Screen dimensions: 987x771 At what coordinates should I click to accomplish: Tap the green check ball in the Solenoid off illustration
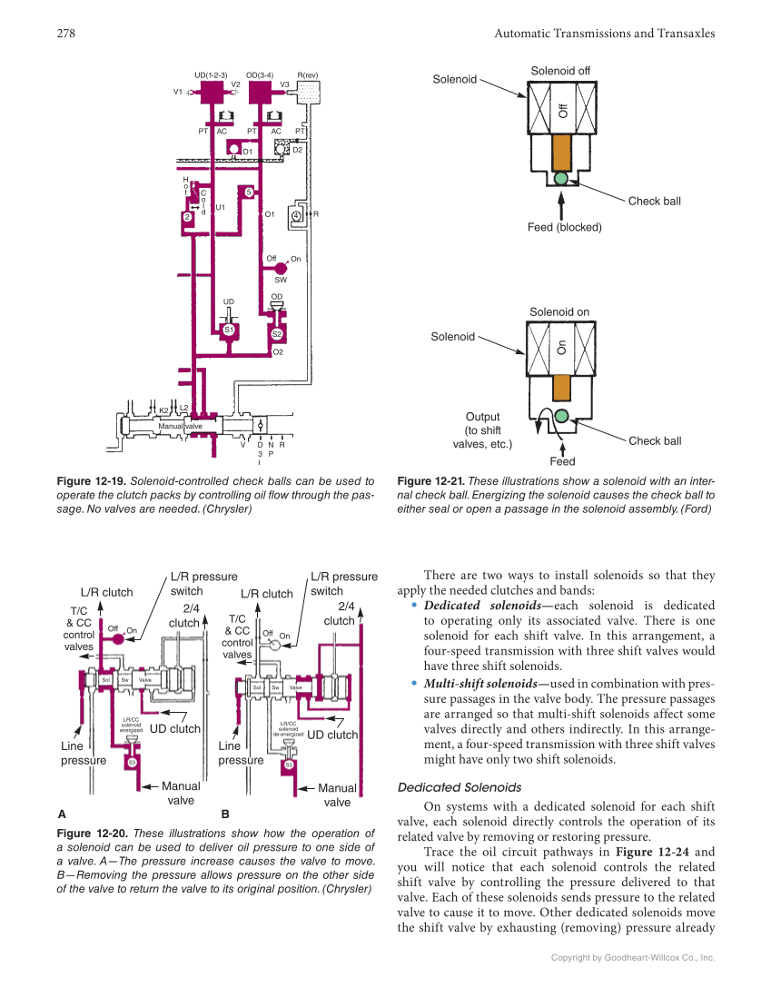point(560,177)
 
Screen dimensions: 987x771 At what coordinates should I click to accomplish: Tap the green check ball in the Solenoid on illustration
point(561,415)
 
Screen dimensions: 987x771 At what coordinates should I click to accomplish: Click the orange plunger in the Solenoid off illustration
point(560,151)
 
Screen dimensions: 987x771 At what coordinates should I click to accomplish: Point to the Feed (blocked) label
point(564,227)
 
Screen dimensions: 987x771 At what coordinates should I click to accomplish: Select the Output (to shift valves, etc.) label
point(482,430)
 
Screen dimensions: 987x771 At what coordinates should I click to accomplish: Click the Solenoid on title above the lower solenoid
point(559,312)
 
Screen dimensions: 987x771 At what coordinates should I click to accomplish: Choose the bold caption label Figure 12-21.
point(430,481)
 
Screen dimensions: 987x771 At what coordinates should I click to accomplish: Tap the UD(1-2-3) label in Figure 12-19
point(211,74)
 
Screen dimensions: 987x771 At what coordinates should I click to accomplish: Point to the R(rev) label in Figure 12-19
point(308,74)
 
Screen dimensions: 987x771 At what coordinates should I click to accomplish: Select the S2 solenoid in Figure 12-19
point(277,334)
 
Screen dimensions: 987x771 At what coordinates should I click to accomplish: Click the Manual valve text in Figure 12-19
point(181,425)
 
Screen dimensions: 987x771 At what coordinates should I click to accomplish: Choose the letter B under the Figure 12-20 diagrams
point(225,814)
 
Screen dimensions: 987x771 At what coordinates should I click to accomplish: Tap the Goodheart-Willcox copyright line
point(633,957)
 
